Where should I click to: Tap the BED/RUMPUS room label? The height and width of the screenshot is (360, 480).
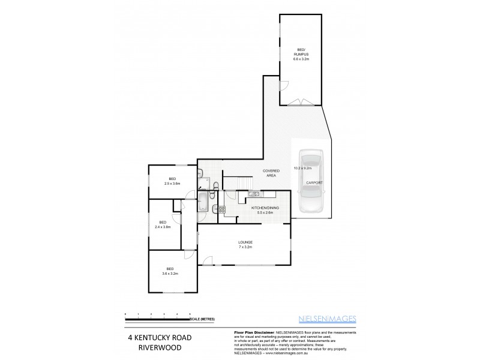point(301,55)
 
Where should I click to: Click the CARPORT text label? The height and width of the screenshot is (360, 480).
point(314,182)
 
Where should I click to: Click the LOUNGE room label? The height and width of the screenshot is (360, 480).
point(245,242)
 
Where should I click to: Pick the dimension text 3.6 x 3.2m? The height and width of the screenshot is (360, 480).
point(170,273)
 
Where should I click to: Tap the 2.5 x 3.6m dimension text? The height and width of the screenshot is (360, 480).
point(172,183)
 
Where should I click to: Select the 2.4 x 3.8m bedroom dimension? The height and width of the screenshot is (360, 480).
point(163,227)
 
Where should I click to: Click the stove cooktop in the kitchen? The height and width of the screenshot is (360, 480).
point(221,209)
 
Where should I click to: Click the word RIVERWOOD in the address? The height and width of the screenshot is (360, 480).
point(158,347)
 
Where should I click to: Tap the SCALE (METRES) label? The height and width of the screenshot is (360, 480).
point(203,319)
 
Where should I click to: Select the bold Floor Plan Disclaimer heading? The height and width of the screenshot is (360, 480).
point(252,332)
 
